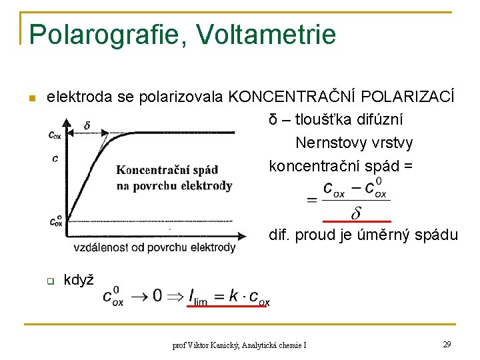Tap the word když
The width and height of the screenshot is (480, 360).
click(x=78, y=279)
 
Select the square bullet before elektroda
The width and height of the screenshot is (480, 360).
click(x=29, y=99)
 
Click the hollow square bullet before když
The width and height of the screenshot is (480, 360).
click(x=49, y=281)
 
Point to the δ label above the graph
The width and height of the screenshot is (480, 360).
click(x=87, y=125)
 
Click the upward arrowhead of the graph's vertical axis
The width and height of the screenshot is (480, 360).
click(x=65, y=122)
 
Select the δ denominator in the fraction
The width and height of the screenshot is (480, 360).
click(x=356, y=213)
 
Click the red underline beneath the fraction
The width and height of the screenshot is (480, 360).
click(x=356, y=221)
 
